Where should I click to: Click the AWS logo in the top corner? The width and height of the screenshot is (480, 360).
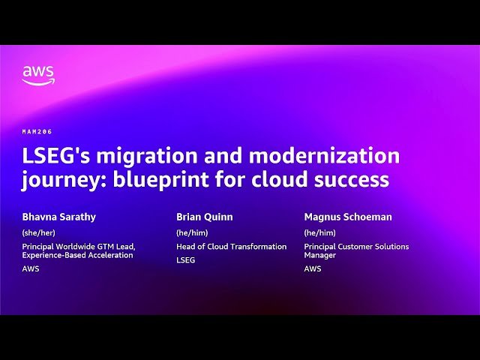[38, 75]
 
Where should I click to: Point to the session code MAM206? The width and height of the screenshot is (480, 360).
[37, 132]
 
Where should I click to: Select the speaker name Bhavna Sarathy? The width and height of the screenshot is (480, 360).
[59, 217]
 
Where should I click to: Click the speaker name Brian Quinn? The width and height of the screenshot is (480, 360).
[205, 217]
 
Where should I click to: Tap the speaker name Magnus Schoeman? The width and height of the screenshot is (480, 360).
[348, 217]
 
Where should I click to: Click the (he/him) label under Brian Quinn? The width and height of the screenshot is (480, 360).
[192, 232]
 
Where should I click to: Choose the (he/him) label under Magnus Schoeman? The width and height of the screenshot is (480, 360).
[319, 232]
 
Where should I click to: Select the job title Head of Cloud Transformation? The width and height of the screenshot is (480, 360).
[231, 247]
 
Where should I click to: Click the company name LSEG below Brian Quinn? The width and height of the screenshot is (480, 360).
[186, 260]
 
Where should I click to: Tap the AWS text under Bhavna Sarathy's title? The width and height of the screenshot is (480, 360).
[31, 268]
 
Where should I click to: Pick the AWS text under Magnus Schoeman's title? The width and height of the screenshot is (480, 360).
[313, 268]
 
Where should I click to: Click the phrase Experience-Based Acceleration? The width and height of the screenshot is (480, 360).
[77, 255]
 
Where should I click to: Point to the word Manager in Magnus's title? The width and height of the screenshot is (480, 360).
[320, 255]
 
